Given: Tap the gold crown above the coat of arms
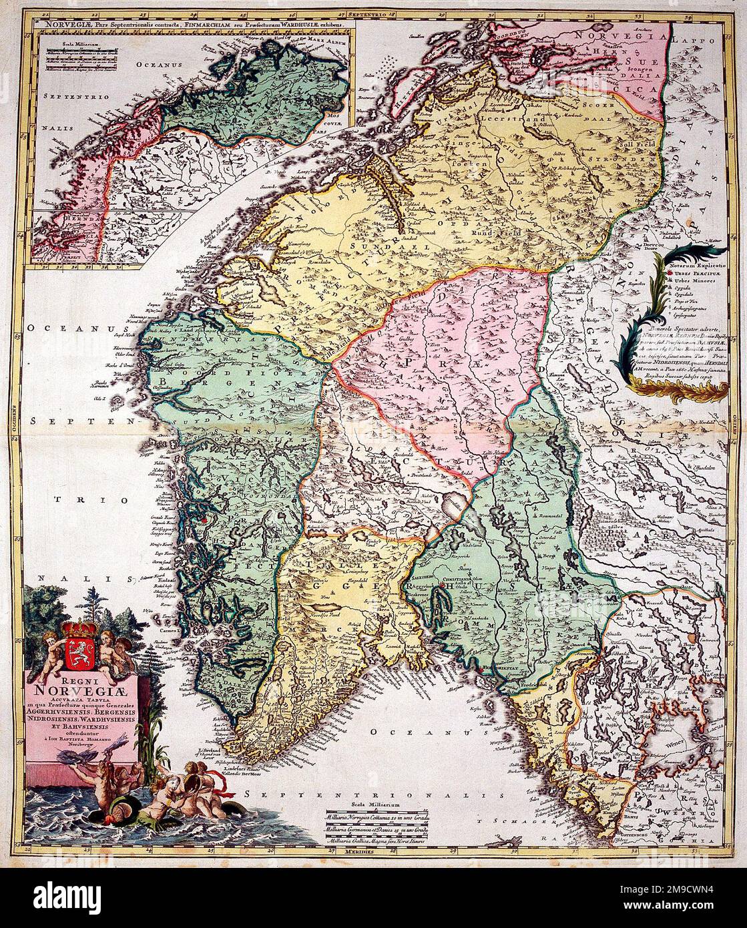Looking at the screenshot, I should click(79, 628).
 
